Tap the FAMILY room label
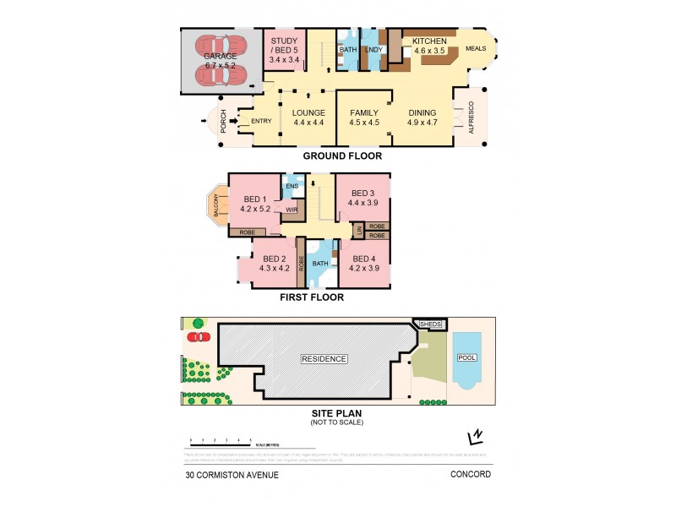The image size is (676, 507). [x=364, y=117]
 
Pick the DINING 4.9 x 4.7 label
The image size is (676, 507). [x=422, y=117]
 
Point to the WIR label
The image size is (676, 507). [x=292, y=209]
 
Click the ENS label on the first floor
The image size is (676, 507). [x=292, y=186]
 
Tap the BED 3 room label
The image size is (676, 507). [x=363, y=199]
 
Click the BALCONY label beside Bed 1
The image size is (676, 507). [x=217, y=203]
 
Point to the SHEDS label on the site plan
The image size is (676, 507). [x=431, y=324]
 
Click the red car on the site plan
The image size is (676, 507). [x=199, y=337]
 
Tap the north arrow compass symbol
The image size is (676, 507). [x=476, y=436]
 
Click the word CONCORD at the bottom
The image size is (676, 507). [x=470, y=475]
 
